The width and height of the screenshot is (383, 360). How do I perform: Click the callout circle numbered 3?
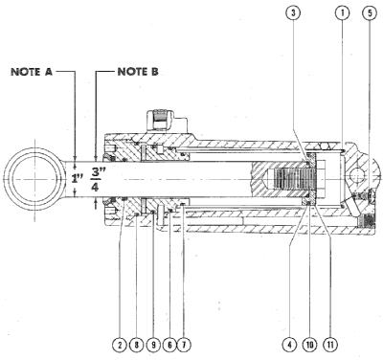pos(294,13)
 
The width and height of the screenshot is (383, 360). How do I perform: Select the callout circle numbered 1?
pos(342,13)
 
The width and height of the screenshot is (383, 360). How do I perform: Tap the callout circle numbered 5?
pos(370,13)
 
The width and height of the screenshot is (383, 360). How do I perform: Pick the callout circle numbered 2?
pos(120,345)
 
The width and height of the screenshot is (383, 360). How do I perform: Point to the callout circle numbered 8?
pos(137,345)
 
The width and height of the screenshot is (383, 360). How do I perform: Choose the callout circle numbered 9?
pos(153,345)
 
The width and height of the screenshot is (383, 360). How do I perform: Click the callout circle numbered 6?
pos(169,345)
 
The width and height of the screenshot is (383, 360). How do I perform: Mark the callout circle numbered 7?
pos(185,345)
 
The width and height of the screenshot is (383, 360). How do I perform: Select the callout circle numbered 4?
pos(290,345)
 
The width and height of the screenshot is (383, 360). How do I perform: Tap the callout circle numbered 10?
pos(309,345)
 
